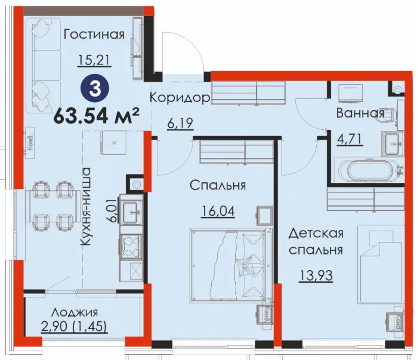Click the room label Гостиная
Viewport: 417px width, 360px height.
(94, 35)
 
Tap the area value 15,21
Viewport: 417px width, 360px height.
(94, 60)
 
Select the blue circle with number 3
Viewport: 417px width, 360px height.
(95, 89)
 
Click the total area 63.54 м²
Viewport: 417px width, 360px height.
(97, 116)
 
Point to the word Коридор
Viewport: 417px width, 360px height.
(180, 98)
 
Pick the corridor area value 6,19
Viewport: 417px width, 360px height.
(180, 123)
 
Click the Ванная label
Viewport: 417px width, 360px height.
(360, 113)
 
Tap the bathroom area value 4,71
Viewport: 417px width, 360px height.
(350, 139)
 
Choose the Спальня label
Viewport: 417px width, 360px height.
(218, 185)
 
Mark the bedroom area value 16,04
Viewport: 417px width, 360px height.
(218, 212)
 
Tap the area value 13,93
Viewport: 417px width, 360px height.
(316, 275)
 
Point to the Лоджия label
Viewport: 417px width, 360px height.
(75, 312)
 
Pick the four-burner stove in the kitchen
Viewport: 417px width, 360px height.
(131, 246)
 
